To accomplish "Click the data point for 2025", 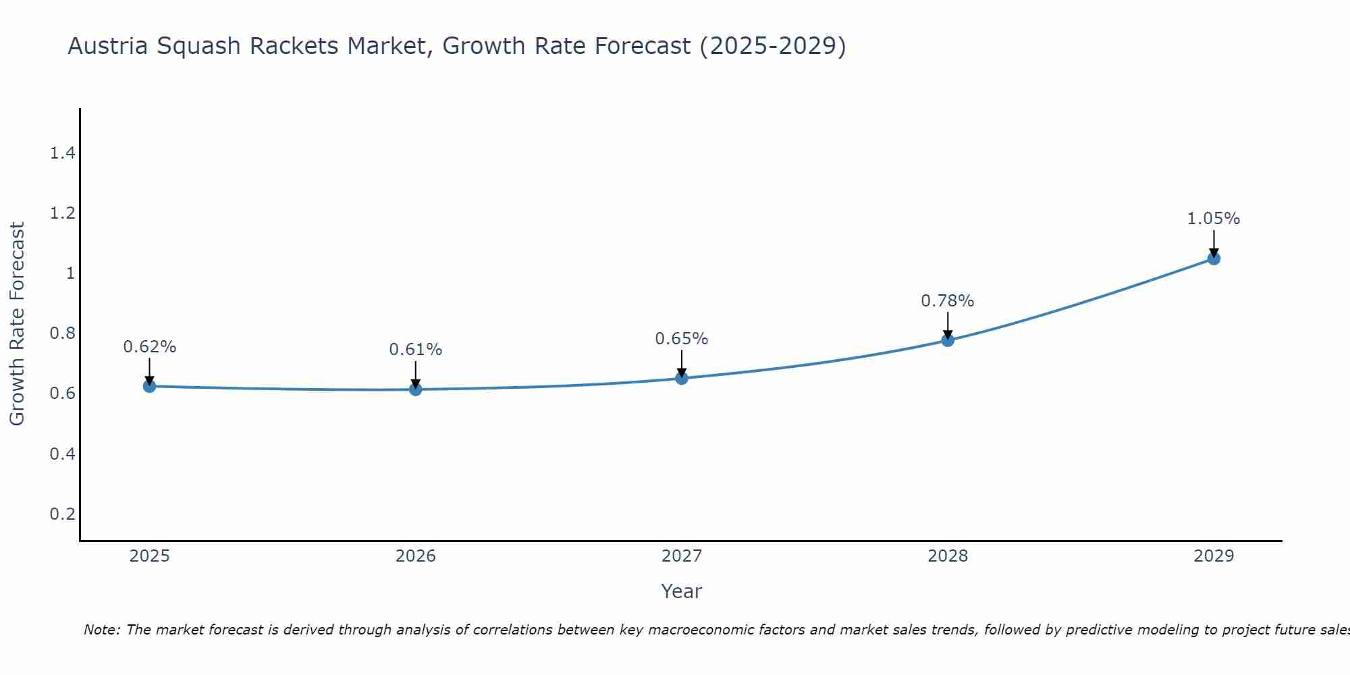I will (x=149, y=386).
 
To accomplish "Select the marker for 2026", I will (x=415, y=389).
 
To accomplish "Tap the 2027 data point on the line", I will (x=682, y=378).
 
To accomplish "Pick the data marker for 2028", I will (x=948, y=340).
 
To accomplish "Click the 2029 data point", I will (x=1214, y=259).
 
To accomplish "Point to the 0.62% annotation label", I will (x=149, y=347).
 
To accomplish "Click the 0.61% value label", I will (x=415, y=350).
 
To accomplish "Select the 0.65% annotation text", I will (x=682, y=339).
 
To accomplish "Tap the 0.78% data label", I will (x=948, y=301).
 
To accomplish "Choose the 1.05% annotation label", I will (x=1214, y=219).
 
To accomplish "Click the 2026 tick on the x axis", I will (x=415, y=556).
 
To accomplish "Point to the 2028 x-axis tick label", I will (x=948, y=556).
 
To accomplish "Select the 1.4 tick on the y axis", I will (x=62, y=153).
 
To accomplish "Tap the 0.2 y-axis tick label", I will (x=62, y=514).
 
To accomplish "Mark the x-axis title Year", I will (x=682, y=591).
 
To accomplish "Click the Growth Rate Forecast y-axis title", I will (x=17, y=324).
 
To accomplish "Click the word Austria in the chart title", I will (x=109, y=46).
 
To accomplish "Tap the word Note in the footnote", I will (x=101, y=630).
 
